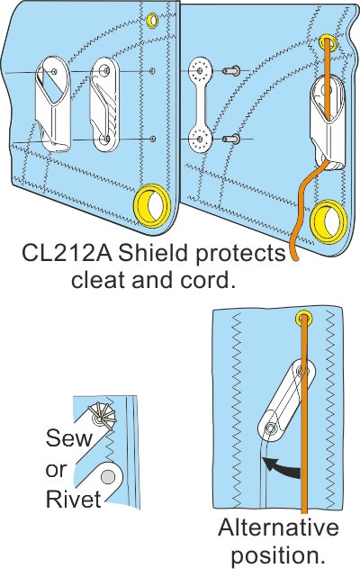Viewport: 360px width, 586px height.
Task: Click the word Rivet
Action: [72, 498]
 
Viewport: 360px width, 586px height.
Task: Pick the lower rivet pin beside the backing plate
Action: [231, 139]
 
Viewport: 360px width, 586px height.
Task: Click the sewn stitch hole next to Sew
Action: [101, 418]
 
